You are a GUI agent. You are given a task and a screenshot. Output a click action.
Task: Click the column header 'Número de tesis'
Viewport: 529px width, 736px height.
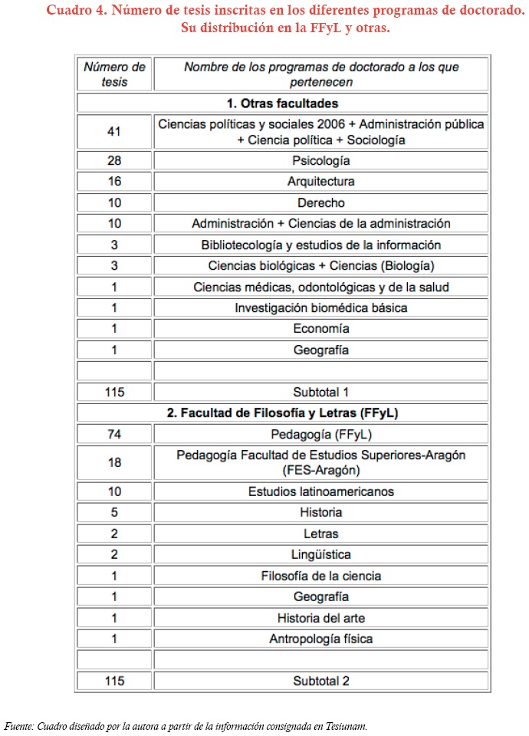coord(114,74)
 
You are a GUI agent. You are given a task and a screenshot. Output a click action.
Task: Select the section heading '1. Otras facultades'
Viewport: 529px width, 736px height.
coord(283,103)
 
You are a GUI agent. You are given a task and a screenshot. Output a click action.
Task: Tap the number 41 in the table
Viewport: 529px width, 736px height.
coord(114,132)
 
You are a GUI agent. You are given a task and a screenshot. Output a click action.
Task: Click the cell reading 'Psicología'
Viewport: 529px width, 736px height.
coord(321,161)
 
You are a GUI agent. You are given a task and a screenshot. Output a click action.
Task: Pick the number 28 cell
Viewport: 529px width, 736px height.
coord(114,161)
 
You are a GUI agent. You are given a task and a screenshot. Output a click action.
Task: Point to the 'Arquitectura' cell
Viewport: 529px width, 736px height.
coord(321,182)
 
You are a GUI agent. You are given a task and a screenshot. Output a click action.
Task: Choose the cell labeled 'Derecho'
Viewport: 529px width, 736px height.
coord(321,203)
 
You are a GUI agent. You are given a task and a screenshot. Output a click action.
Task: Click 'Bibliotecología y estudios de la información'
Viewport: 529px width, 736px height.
coord(321,245)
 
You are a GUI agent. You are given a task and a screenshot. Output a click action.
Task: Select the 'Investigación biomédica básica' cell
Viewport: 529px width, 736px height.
coord(321,307)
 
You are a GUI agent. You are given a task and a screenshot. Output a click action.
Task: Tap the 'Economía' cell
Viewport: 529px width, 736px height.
coord(321,329)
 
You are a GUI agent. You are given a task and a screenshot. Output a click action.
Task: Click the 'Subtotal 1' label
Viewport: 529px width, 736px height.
coord(321,392)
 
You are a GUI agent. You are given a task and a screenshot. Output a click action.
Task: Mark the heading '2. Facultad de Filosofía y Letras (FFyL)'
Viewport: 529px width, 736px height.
coord(283,412)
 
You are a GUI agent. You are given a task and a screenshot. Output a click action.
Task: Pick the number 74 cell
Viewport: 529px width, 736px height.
coord(114,434)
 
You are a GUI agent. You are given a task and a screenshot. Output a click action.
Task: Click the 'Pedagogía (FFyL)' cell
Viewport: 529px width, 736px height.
coord(321,434)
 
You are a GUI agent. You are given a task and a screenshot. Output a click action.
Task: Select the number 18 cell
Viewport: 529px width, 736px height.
coord(114,462)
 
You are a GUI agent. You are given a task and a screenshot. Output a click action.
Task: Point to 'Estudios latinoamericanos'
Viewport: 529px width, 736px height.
coord(321,491)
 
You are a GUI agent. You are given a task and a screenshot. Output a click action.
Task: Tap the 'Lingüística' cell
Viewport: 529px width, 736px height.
coord(321,554)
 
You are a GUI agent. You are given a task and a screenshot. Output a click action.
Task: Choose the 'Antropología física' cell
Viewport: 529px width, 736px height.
coord(321,639)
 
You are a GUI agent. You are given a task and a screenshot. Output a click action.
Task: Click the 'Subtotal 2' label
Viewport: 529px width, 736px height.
coord(321,681)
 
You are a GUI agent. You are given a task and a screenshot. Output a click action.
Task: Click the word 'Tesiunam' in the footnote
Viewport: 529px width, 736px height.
coord(349,725)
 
